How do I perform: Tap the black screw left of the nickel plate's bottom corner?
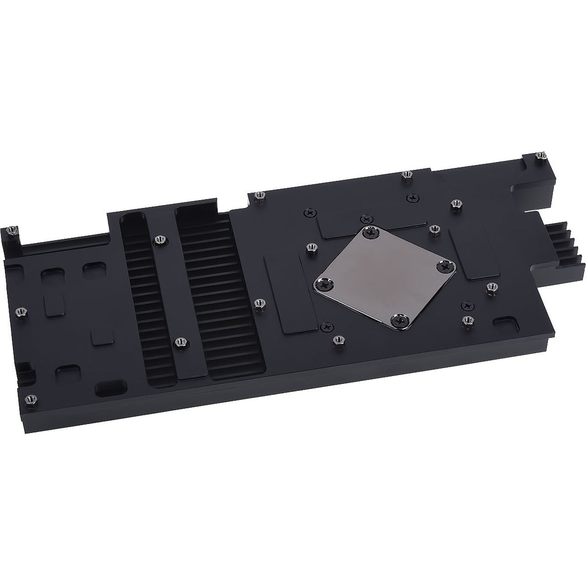(x=326, y=326)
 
